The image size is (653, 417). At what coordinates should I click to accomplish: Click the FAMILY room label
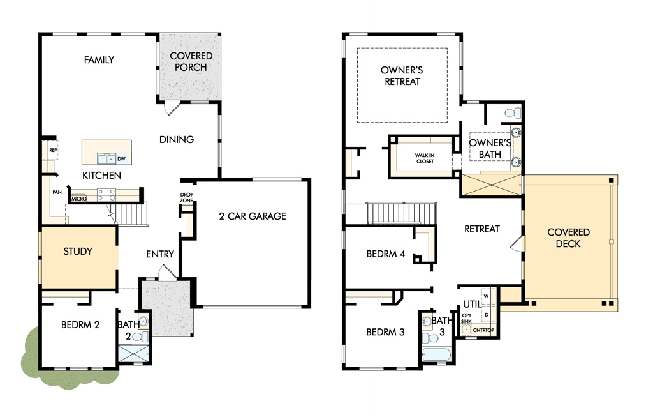(x=99, y=60)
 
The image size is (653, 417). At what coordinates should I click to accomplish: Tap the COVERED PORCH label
(x=191, y=61)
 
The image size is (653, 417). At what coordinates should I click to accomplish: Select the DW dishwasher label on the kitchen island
(x=121, y=159)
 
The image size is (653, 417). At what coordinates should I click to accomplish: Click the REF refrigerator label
(x=53, y=150)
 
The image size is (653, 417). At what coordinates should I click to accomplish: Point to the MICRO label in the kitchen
(x=78, y=199)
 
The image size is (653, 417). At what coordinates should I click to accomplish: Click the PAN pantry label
(x=57, y=192)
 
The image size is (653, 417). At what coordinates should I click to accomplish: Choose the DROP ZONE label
(x=187, y=198)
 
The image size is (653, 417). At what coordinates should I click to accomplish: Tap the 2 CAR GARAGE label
(x=253, y=216)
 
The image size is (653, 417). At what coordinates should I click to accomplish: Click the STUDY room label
(x=78, y=252)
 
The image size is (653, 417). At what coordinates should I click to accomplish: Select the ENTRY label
(x=160, y=254)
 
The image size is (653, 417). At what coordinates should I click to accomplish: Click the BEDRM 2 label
(x=80, y=325)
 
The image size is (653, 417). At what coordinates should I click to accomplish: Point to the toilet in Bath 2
(x=142, y=337)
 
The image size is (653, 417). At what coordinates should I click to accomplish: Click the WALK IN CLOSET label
(x=425, y=158)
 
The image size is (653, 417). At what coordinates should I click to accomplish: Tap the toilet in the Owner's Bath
(x=513, y=112)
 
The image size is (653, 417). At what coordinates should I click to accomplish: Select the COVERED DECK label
(x=568, y=238)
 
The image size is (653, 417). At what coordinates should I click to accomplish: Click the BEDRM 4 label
(x=386, y=254)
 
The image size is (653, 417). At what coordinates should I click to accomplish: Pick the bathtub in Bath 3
(x=436, y=355)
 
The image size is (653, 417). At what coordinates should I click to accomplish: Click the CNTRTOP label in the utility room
(x=483, y=330)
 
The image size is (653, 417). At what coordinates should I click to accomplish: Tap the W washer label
(x=486, y=296)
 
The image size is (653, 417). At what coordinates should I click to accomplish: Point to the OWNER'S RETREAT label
(x=402, y=76)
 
